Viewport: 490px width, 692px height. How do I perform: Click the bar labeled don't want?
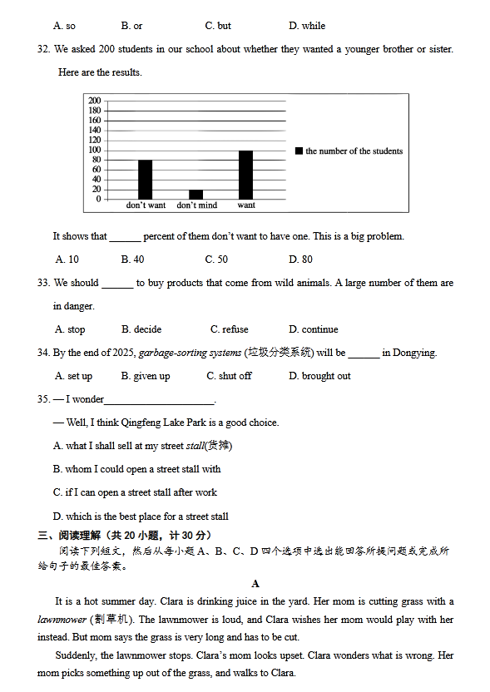[x=145, y=179]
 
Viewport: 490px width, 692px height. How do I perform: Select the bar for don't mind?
[x=196, y=195]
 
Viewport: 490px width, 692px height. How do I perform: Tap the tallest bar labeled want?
[x=245, y=175]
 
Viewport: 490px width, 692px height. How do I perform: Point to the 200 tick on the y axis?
[x=94, y=101]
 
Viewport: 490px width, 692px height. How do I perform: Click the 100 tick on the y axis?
[x=94, y=150]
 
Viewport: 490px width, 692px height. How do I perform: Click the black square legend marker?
[x=299, y=151]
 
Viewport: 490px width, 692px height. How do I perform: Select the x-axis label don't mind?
[x=197, y=205]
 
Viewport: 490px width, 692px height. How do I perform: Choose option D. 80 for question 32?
[x=300, y=259]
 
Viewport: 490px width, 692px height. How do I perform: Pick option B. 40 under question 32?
[x=132, y=259]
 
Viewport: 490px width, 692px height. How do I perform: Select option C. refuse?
[x=229, y=329]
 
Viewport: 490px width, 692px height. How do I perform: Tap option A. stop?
[x=70, y=329]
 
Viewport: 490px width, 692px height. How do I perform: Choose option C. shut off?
[x=229, y=376]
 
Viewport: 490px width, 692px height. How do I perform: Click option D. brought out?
[x=319, y=376]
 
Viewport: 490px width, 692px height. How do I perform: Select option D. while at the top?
[x=307, y=26]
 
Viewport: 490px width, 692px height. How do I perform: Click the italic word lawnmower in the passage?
[x=62, y=620]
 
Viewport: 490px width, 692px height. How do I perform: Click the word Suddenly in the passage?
[x=76, y=655]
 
